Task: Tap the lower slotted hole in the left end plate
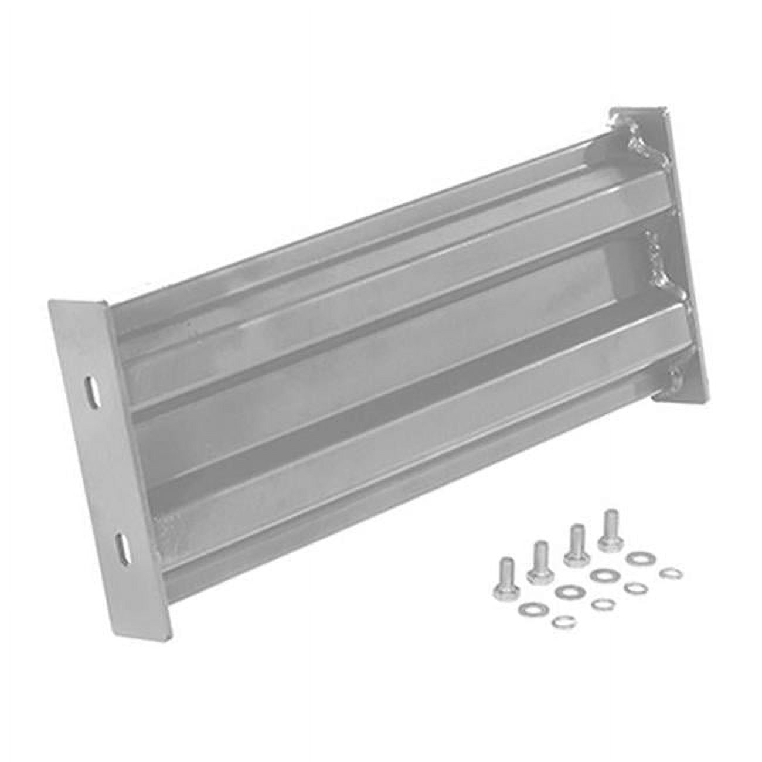click(123, 547)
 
